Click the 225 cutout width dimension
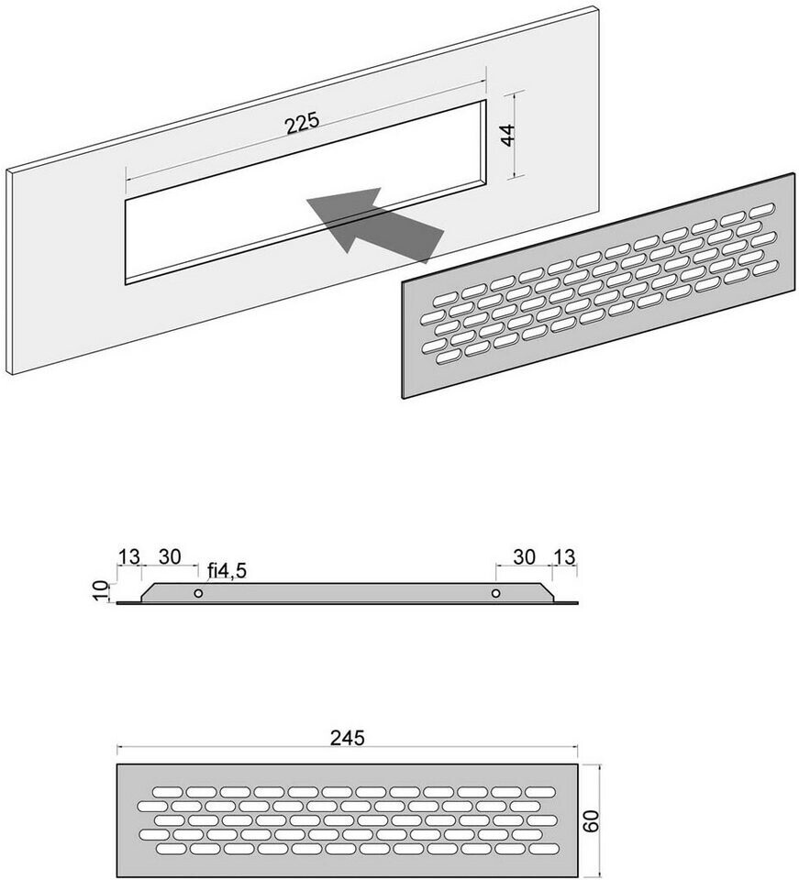tap(302, 123)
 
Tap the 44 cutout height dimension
tap(507, 136)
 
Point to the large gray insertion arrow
tap(374, 225)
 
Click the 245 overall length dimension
tap(347, 737)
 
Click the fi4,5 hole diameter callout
tap(227, 571)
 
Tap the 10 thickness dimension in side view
tap(101, 591)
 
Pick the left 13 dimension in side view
tap(128, 556)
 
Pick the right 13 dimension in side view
tap(564, 556)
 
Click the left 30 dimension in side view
tap(170, 556)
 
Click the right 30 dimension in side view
tap(524, 556)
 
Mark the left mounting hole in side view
tap(198, 593)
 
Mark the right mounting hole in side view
tap(495, 593)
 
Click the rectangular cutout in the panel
tap(306, 192)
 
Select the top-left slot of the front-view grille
tap(168, 792)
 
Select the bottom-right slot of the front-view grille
tap(544, 848)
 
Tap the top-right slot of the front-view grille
tap(540, 792)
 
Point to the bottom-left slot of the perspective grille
tap(448, 357)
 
